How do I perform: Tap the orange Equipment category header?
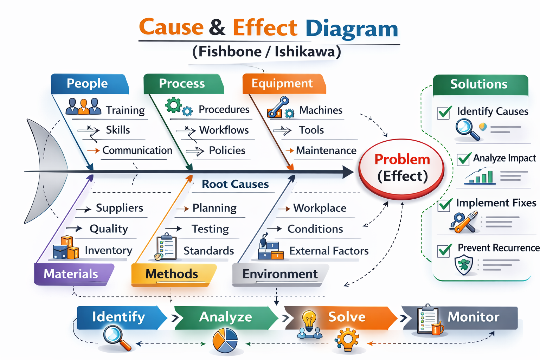tap(283, 84)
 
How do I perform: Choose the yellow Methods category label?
tap(172, 274)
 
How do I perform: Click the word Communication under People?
tap(137, 150)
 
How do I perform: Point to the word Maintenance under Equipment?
tap(326, 150)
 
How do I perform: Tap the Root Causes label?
tap(235, 184)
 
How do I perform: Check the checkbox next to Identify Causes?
tap(444, 112)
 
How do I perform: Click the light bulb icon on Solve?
tap(309, 320)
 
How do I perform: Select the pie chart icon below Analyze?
tap(225, 340)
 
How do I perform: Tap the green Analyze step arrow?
tap(226, 317)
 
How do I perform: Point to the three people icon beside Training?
tap(83, 107)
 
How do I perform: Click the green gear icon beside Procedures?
tap(174, 105)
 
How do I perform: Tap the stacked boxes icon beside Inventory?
tap(66, 248)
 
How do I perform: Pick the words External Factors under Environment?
tap(329, 251)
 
